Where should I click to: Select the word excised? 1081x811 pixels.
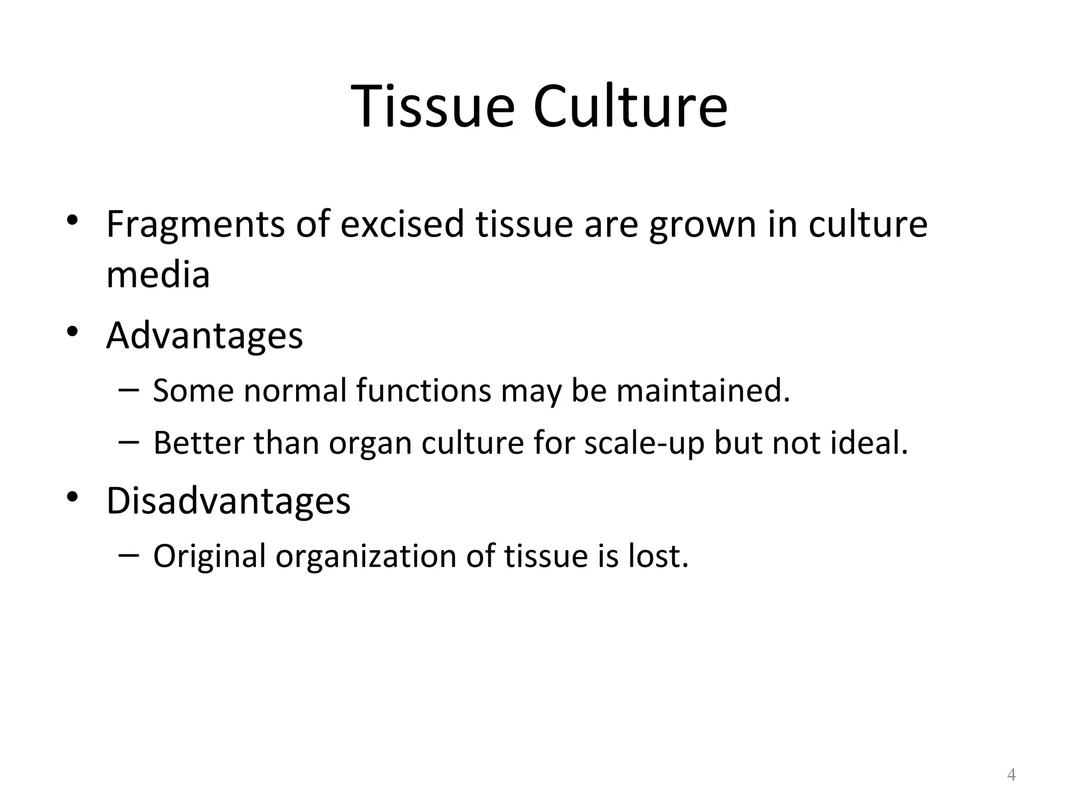402,224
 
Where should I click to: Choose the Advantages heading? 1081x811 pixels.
205,336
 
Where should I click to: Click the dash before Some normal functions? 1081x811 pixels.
129,391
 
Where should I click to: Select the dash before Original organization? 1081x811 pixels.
129,555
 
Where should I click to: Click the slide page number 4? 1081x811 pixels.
1011,775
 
